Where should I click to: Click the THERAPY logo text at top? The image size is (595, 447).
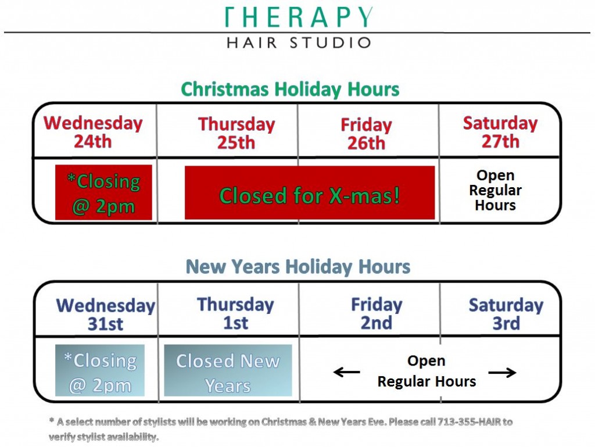point(298,17)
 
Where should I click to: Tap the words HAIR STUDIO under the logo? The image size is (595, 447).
point(298,42)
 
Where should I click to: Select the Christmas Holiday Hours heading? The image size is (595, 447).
point(290,90)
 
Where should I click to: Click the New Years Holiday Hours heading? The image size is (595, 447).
point(297,267)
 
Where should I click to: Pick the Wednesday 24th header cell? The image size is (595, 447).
point(93,132)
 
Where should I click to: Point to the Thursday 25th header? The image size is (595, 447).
point(236,133)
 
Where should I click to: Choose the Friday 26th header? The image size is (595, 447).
point(366,134)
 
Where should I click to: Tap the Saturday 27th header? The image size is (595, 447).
point(500,132)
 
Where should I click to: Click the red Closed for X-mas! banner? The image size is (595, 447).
point(310,193)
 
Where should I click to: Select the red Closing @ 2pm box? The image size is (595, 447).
point(103,192)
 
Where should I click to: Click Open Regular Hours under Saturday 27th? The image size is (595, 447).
point(496,190)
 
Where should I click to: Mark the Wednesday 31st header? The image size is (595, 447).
point(106,314)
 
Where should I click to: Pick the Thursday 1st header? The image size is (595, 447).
point(235,313)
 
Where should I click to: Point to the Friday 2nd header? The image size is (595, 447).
point(377,314)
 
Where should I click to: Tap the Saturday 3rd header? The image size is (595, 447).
point(506,314)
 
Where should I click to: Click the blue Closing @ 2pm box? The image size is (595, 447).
point(100,371)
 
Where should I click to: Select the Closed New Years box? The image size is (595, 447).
point(228,371)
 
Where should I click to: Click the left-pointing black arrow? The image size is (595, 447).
point(347,372)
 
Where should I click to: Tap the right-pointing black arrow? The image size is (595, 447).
point(502,373)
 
